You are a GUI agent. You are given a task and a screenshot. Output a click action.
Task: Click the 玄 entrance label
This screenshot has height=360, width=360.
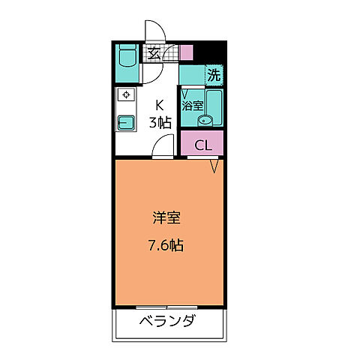pos(153,53)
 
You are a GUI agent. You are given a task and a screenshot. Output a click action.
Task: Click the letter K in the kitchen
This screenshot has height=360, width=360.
pos(159,106)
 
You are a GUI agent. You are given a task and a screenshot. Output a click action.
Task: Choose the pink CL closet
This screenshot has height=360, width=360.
pos(202,145)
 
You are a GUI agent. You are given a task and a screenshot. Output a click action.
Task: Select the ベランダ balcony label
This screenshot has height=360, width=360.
pos(168,322)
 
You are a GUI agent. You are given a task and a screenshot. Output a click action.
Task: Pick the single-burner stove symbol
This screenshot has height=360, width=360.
pos(125,96)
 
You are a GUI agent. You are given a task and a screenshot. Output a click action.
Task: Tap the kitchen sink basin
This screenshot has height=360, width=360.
pos(125,122)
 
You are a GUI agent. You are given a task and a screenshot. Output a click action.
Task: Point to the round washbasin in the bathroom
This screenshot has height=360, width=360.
pos(201,121)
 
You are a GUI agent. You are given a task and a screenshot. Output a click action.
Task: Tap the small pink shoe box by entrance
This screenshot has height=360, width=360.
pos(186,53)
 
